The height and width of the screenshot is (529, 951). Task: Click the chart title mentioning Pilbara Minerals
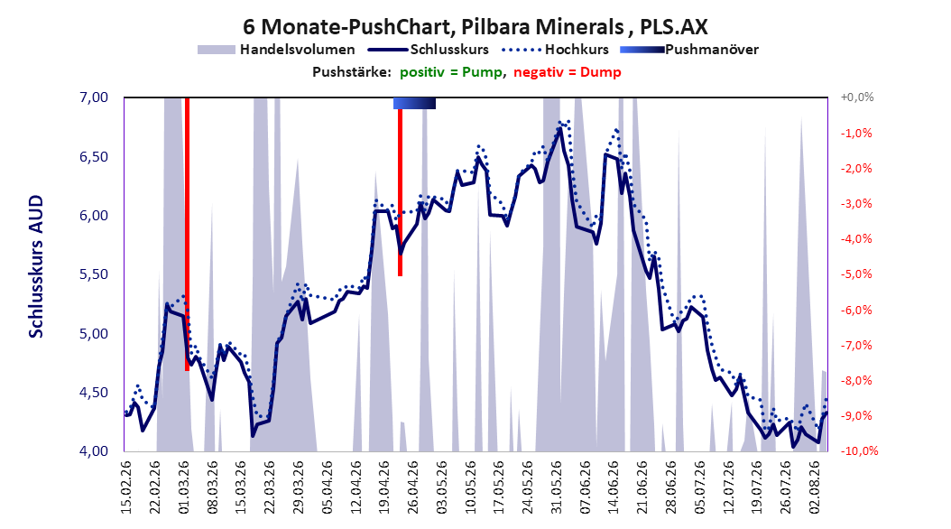pyautogui.click(x=475, y=27)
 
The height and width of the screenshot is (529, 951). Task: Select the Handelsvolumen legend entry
pyautogui.click(x=276, y=50)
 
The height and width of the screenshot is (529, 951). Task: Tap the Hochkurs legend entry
pyautogui.click(x=555, y=50)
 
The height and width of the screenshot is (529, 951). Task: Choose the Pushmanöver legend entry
pyautogui.click(x=689, y=50)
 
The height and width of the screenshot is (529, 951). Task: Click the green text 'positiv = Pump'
pyautogui.click(x=451, y=72)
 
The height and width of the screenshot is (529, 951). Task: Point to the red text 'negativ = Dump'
pyautogui.click(x=568, y=72)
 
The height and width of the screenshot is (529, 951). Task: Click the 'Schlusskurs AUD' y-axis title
pyautogui.click(x=36, y=266)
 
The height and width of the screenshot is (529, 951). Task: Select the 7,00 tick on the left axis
pyautogui.click(x=94, y=97)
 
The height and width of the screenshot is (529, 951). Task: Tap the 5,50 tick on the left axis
pyautogui.click(x=94, y=274)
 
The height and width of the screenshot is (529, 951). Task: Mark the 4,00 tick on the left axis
pyautogui.click(x=94, y=451)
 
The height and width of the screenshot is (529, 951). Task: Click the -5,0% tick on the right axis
pyautogui.click(x=856, y=274)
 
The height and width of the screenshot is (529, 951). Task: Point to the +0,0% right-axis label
pyautogui.click(x=857, y=97)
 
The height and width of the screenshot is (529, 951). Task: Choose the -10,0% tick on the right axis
pyautogui.click(x=859, y=451)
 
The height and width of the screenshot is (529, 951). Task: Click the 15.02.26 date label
pyautogui.click(x=126, y=487)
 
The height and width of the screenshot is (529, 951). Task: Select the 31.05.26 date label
pyautogui.click(x=556, y=487)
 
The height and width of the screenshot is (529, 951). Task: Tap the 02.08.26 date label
pyautogui.click(x=814, y=487)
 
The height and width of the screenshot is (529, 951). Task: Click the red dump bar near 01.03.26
pyautogui.click(x=187, y=234)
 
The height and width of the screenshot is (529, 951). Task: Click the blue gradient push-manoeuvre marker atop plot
pyautogui.click(x=414, y=103)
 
